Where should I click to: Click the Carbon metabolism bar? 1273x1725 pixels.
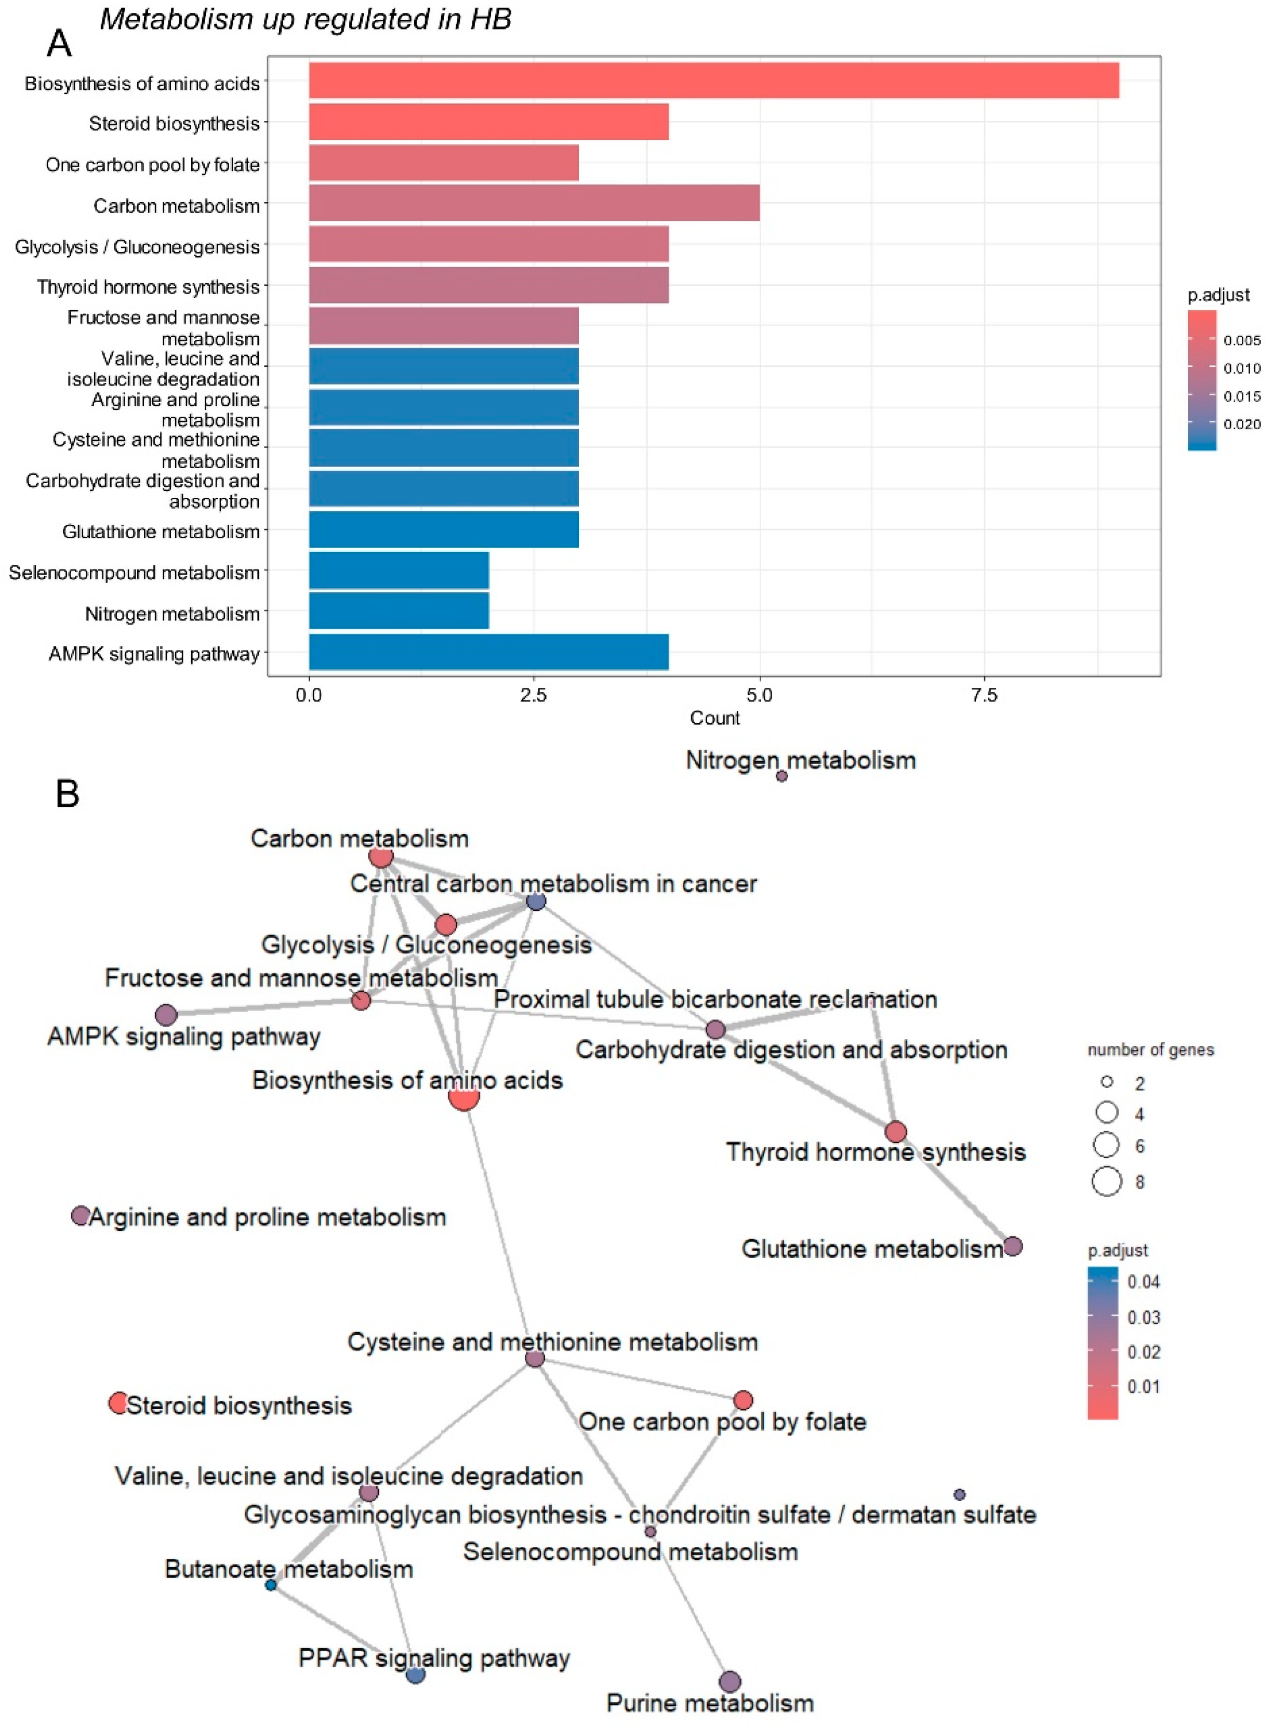pos(534,203)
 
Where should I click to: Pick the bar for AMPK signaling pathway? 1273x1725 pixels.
pos(488,652)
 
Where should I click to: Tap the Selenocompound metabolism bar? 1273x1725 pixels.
pos(399,570)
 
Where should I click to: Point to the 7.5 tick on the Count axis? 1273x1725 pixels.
pos(984,695)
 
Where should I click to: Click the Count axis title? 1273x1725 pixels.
pos(714,718)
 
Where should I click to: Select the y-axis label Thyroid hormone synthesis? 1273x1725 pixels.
pos(148,287)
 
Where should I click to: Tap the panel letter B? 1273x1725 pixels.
pos(68,793)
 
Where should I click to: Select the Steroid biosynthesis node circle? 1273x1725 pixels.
pos(118,1403)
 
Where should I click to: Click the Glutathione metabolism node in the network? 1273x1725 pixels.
pos(1013,1246)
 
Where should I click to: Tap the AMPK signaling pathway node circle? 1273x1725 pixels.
pos(166,1015)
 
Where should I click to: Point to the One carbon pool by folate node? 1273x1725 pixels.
pos(743,1400)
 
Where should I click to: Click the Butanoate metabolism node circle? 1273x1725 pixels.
pos(271,1585)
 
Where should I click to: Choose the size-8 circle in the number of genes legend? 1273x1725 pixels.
pos(1107,1181)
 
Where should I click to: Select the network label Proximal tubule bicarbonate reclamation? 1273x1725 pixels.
pos(715,999)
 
